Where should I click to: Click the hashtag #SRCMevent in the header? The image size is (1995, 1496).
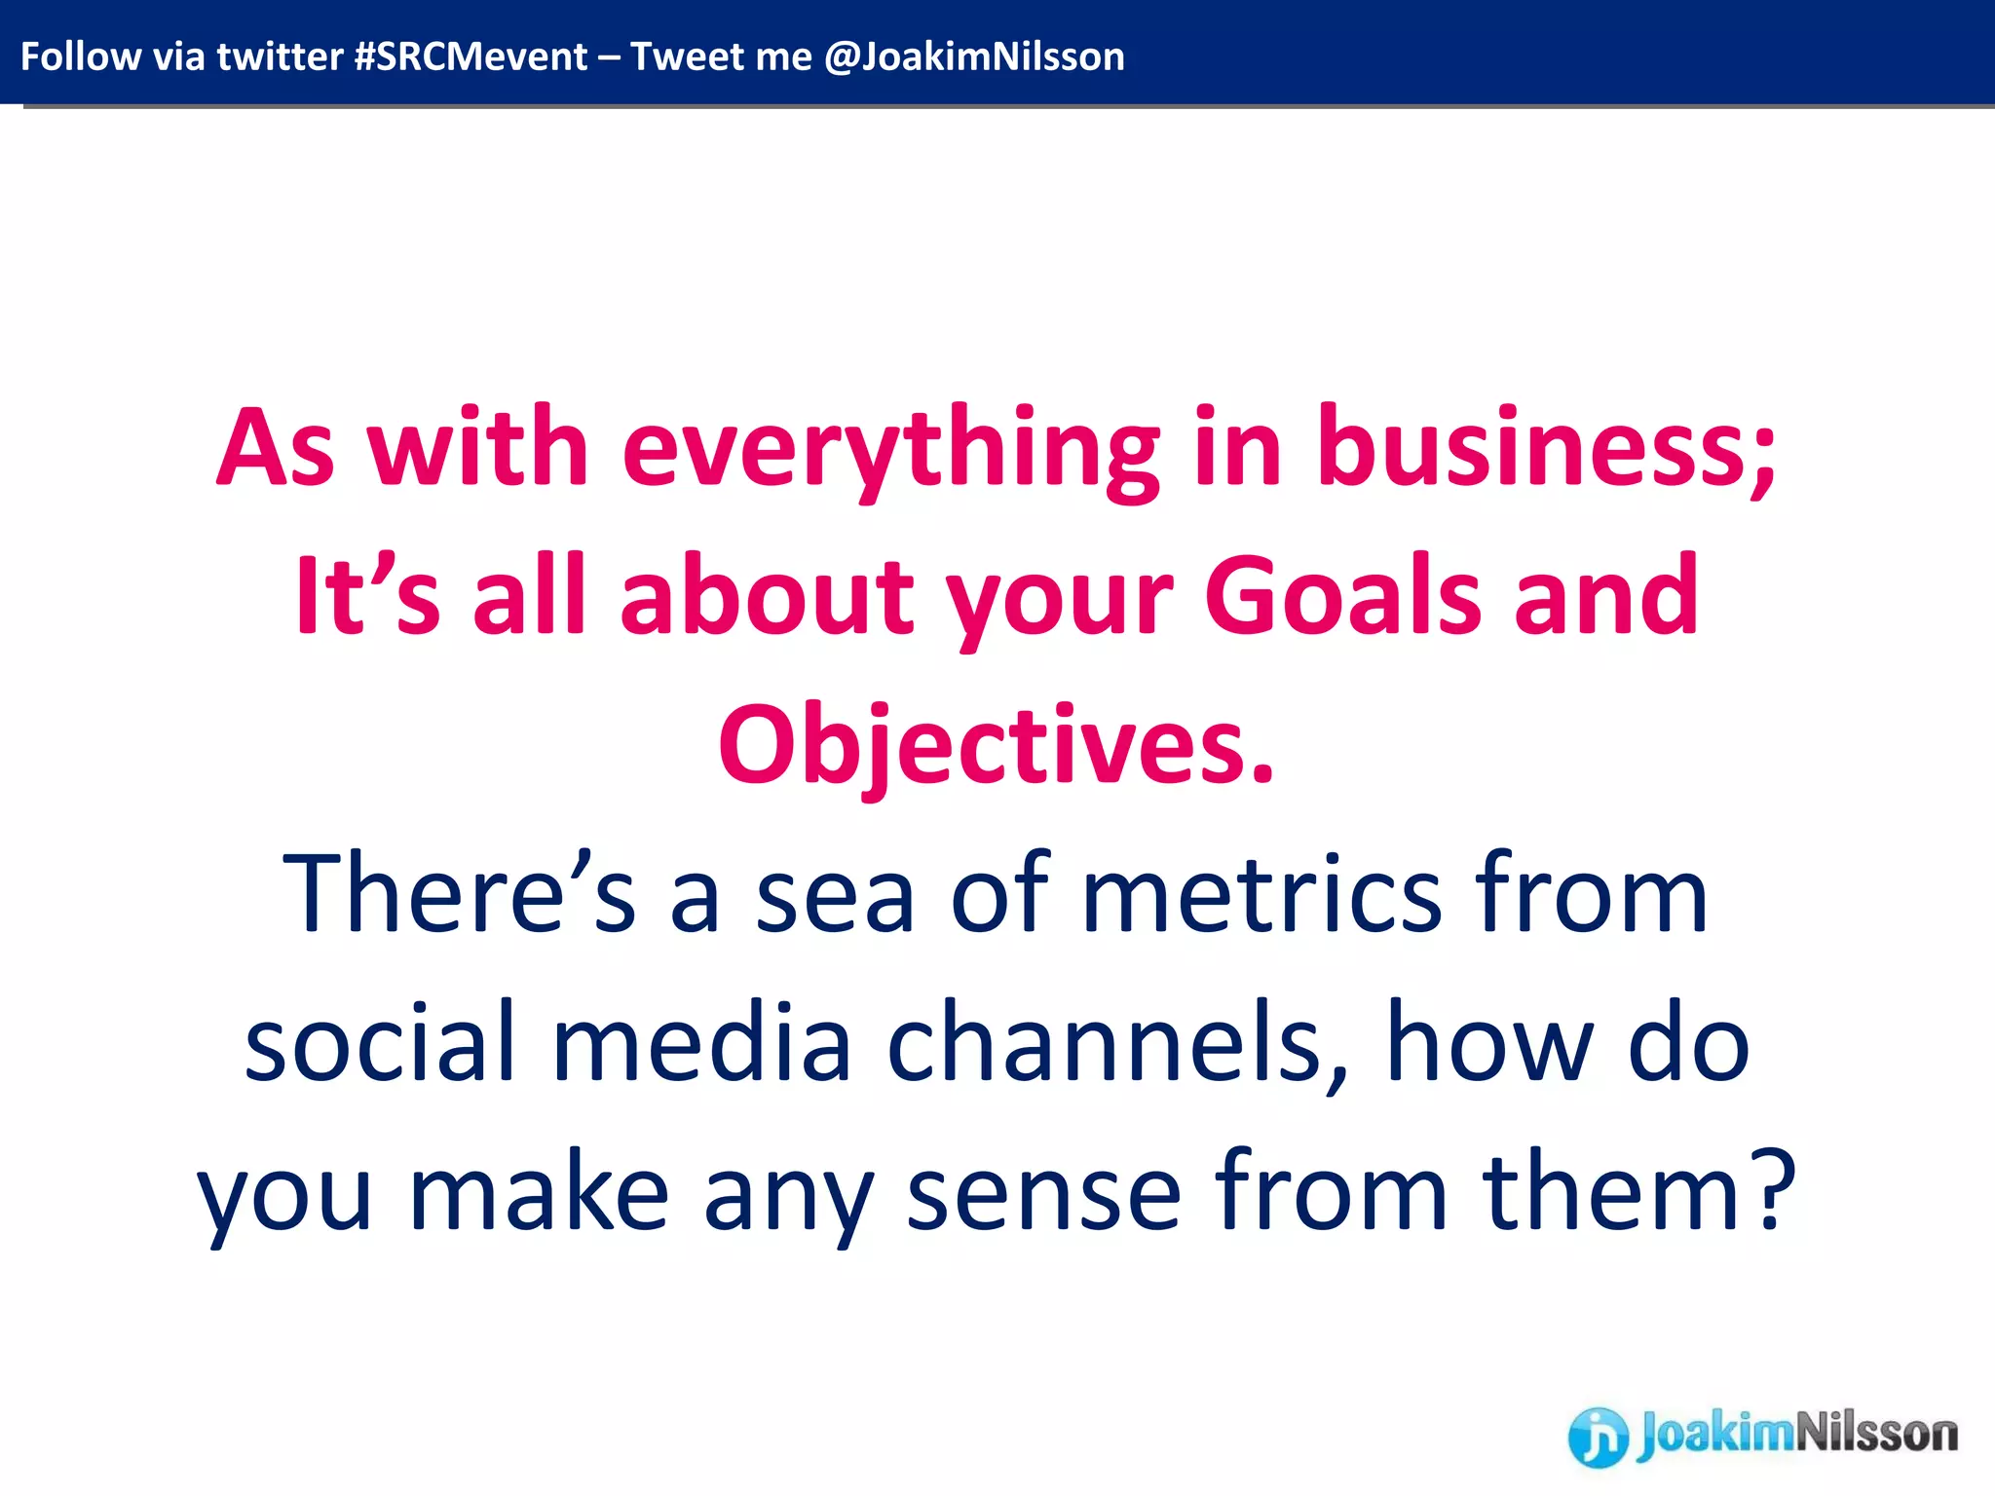471,56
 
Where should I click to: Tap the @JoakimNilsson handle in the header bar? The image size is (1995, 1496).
974,56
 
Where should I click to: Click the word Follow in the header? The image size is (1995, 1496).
81,56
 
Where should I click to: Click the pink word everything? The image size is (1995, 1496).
891,450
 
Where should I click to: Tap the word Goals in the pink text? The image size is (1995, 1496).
1342,595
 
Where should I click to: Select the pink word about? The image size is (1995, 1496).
767,595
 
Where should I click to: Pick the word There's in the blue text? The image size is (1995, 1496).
459,894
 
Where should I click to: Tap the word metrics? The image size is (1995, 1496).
1261,894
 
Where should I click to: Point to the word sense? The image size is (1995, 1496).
1043,1194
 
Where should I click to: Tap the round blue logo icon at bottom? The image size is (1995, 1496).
1598,1437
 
